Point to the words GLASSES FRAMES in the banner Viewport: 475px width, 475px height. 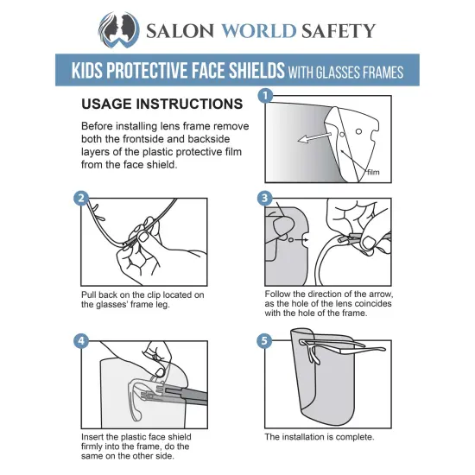click(x=363, y=73)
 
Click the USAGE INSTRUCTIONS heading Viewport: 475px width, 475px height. click(x=161, y=104)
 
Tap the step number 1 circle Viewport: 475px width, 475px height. click(x=265, y=95)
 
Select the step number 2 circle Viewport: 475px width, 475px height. click(x=82, y=198)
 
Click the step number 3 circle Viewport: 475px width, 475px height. click(x=265, y=198)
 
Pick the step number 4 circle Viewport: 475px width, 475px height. click(x=82, y=340)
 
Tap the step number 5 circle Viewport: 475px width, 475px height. click(x=265, y=340)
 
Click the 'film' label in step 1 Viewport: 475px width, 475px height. click(x=373, y=172)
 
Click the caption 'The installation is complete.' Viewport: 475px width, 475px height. click(x=319, y=437)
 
